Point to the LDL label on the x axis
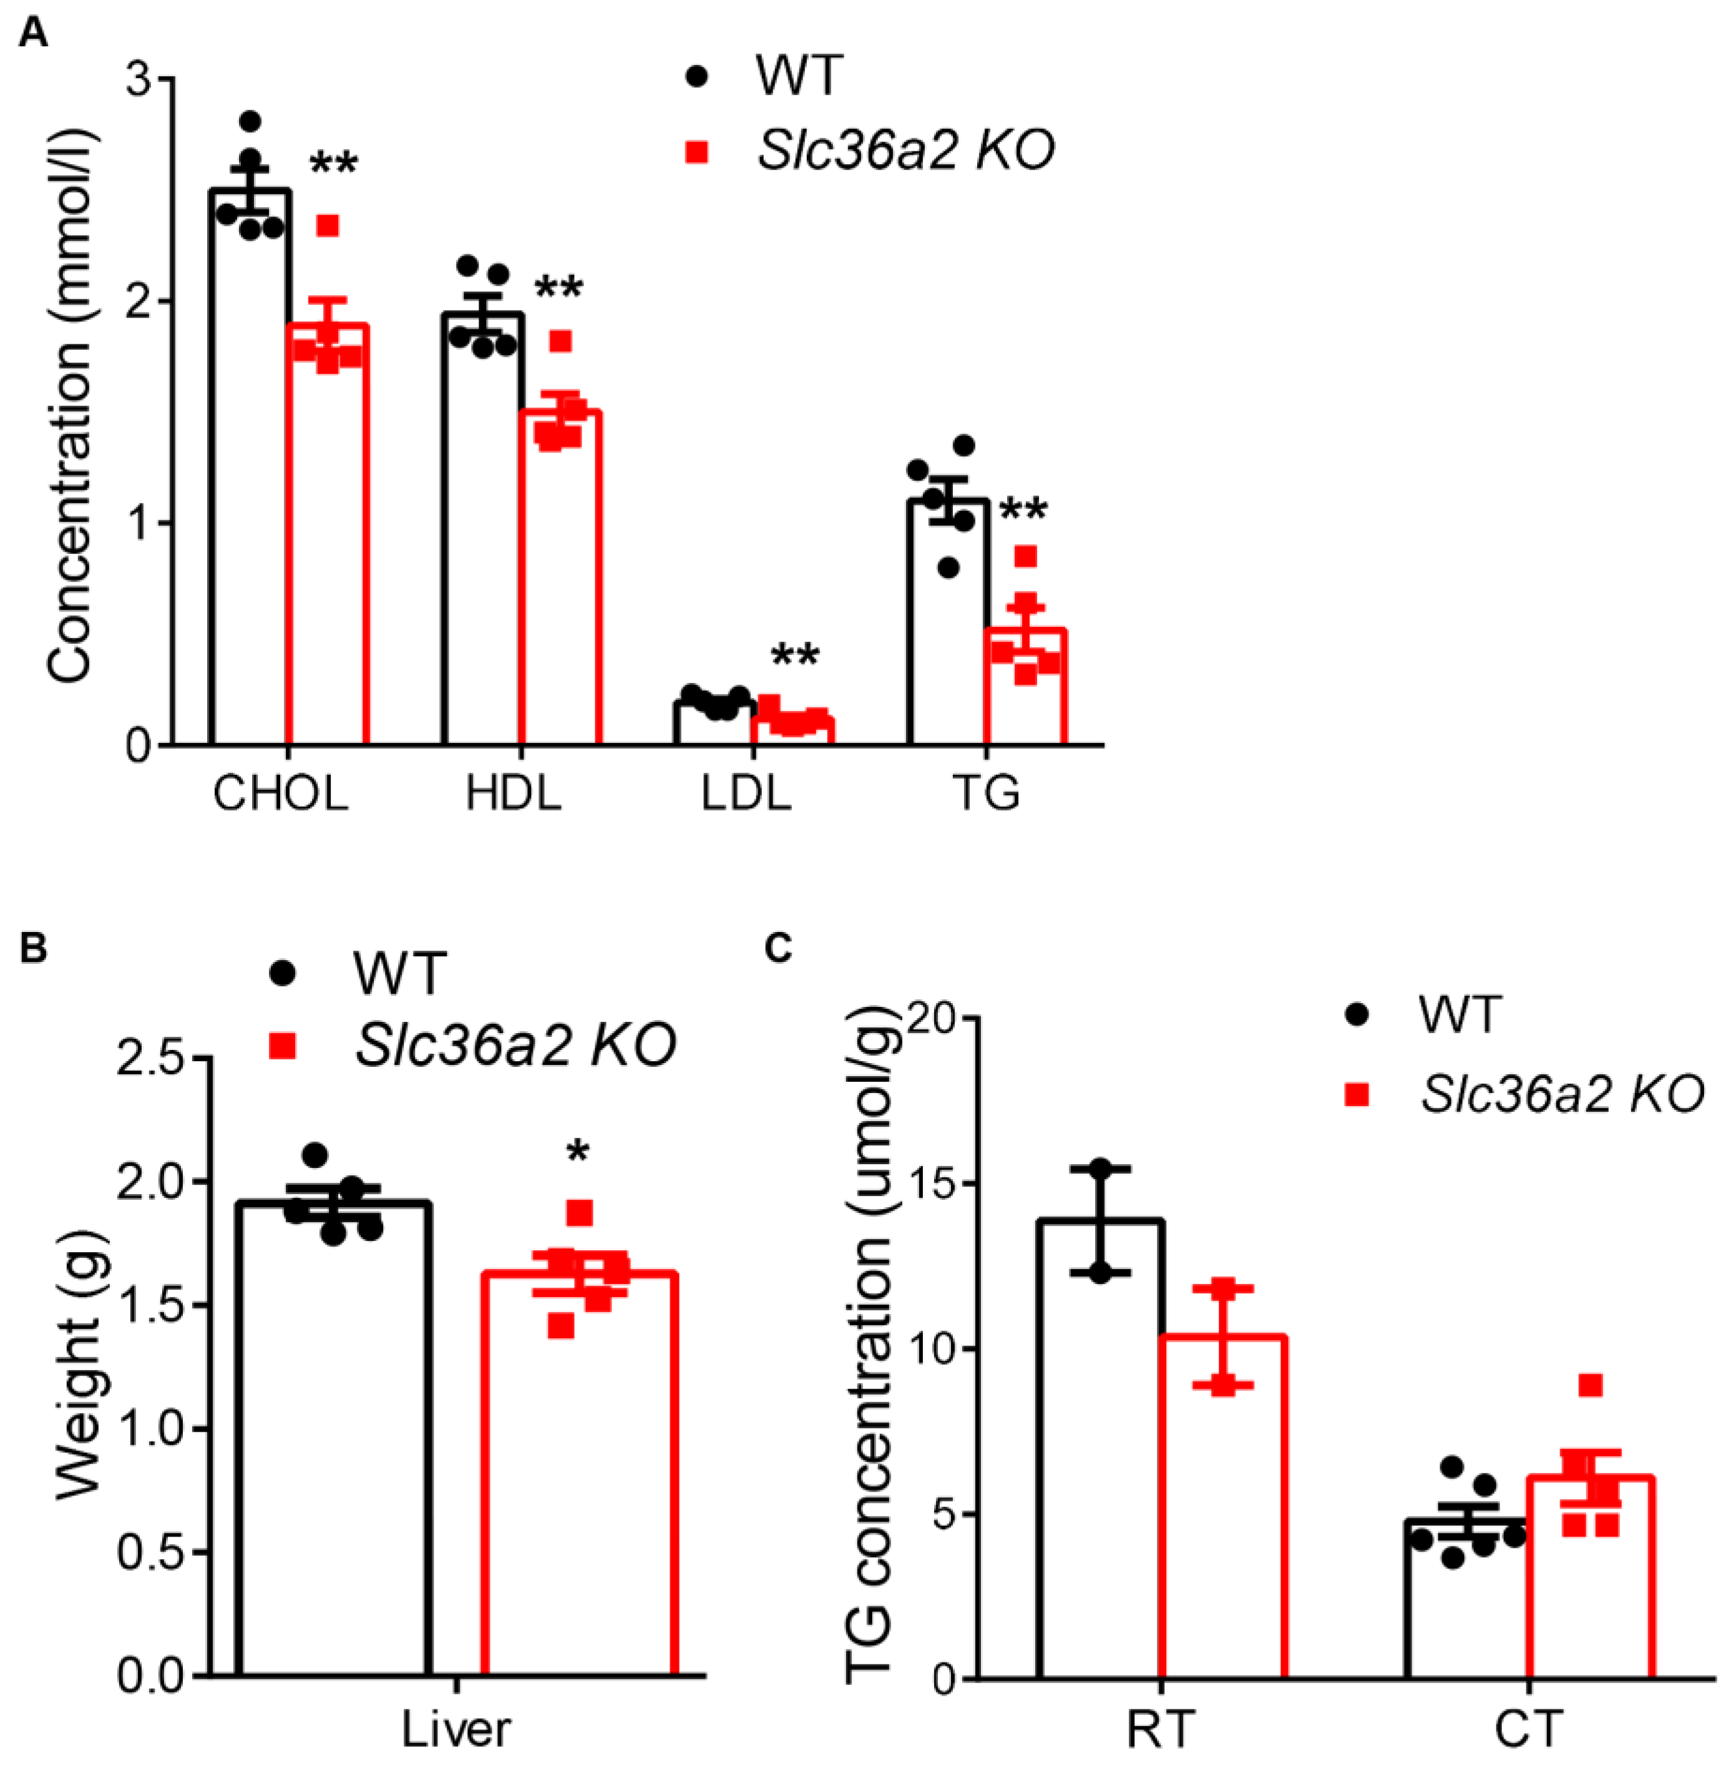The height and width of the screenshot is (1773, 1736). tap(746, 793)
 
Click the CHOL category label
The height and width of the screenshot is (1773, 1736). tap(281, 793)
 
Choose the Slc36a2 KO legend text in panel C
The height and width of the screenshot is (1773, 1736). tap(1562, 1094)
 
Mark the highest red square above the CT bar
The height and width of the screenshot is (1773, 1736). tap(1590, 1386)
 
